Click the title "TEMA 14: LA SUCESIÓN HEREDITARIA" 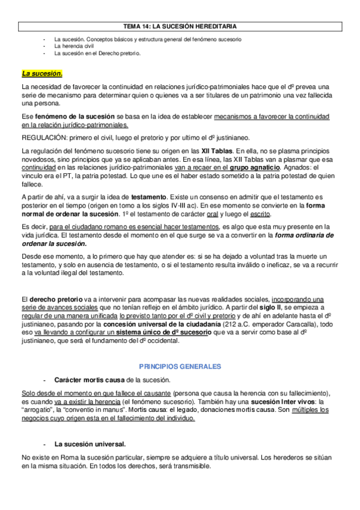point(180,26)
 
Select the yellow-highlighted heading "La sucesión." point(41,74)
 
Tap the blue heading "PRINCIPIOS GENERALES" point(180,366)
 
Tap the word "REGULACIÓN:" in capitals point(40,137)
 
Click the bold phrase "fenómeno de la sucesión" point(72,116)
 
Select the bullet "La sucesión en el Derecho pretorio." point(97,53)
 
